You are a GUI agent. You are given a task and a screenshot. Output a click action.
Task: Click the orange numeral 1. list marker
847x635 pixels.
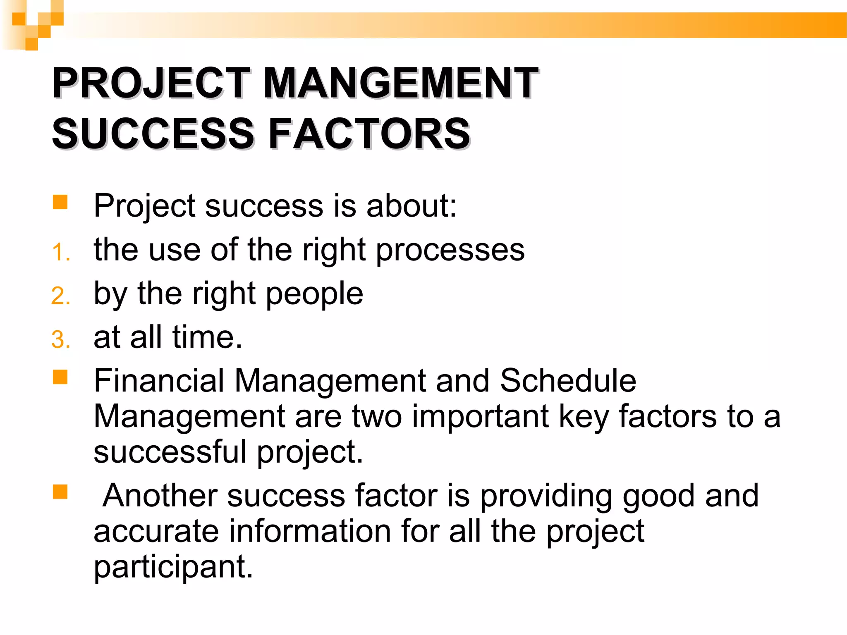60,252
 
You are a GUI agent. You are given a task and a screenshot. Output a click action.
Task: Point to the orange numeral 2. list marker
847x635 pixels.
60,296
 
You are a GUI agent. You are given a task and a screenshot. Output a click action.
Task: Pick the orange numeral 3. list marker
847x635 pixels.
60,340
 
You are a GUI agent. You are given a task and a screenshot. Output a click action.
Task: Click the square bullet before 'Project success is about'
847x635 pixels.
60,202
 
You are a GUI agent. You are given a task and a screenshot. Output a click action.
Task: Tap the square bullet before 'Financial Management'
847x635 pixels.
60,377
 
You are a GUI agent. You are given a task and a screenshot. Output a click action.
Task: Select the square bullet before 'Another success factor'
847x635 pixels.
60,492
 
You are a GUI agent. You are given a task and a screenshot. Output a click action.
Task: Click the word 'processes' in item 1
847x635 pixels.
450,251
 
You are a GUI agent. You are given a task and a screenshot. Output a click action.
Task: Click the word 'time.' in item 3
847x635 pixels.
207,337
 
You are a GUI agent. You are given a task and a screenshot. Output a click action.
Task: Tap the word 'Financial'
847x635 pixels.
159,380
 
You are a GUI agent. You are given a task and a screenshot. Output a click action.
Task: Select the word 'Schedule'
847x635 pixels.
568,380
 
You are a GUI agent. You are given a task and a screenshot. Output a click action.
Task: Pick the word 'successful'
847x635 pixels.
170,451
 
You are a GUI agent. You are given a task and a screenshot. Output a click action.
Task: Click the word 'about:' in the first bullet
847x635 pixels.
412,205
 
